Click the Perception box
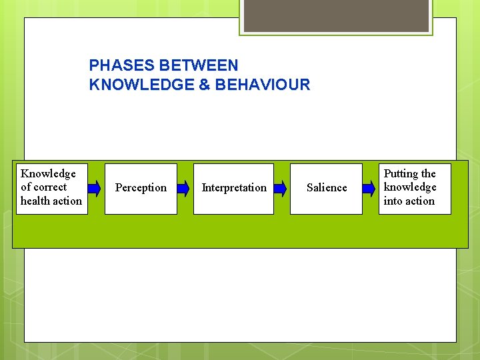[x=141, y=189]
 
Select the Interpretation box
[x=233, y=189]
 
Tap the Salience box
[x=326, y=189]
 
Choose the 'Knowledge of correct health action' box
[x=52, y=187]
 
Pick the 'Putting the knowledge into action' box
[x=415, y=187]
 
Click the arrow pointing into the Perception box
[x=94, y=188]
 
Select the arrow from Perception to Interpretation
[x=183, y=188]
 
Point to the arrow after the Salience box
[x=369, y=188]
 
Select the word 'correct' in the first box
[x=50, y=187]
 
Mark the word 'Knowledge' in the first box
[x=48, y=174]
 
